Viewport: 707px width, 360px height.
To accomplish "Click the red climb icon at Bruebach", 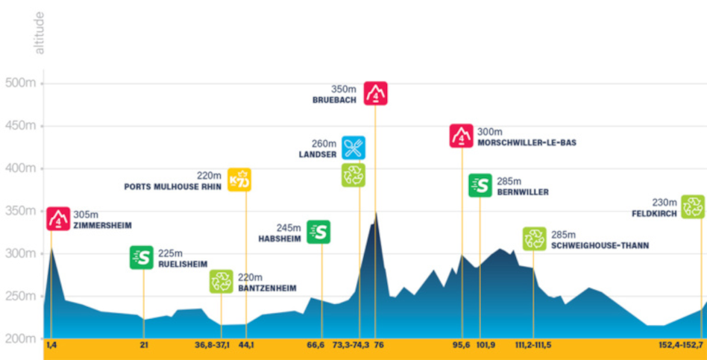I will [375, 93].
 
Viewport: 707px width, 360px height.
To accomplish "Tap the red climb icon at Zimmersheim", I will [58, 218].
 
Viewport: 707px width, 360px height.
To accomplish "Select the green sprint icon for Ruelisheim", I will [142, 257].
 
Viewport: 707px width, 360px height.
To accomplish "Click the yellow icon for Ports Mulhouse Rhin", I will [239, 180].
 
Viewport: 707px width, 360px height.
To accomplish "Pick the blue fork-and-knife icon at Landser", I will [353, 148].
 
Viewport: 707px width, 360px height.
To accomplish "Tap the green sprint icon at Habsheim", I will [318, 232].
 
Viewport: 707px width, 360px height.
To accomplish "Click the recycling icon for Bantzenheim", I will [221, 281].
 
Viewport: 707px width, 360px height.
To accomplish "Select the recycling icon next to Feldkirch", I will [692, 206].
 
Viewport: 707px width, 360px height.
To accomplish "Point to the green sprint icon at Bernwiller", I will [480, 185].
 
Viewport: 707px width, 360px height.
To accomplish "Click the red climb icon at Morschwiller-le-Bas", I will [462, 136].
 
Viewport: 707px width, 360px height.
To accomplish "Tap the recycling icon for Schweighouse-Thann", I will [534, 239].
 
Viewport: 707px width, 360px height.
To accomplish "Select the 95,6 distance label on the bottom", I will [462, 345].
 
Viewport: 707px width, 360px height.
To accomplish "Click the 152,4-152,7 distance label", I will [681, 345].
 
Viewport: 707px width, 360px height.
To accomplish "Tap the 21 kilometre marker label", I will [143, 345].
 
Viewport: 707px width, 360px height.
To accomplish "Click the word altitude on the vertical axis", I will [40, 33].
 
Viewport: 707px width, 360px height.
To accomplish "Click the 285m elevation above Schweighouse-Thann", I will [564, 234].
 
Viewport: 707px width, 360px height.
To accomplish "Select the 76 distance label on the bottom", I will [378, 345].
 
